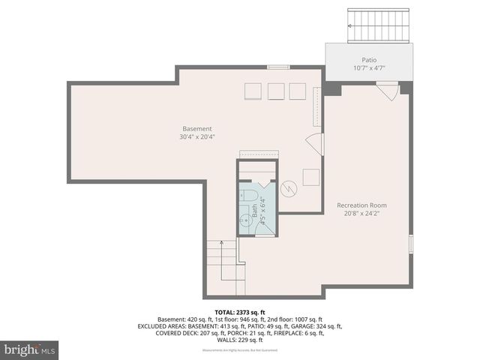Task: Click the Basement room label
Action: [197, 128]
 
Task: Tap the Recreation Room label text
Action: [361, 205]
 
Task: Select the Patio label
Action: [368, 60]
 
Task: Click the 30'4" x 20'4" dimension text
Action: [197, 136]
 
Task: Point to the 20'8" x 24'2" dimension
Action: [361, 213]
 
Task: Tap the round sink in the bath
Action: [246, 220]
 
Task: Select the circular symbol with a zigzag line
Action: [289, 189]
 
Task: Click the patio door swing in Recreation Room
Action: [387, 92]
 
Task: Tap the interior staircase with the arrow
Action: [225, 266]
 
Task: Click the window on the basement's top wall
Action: [278, 67]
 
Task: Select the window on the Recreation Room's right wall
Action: [409, 244]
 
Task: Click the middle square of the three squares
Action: [276, 91]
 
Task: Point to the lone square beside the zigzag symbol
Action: [311, 177]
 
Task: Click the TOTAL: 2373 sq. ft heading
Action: [240, 310]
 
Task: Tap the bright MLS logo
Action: [30, 349]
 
